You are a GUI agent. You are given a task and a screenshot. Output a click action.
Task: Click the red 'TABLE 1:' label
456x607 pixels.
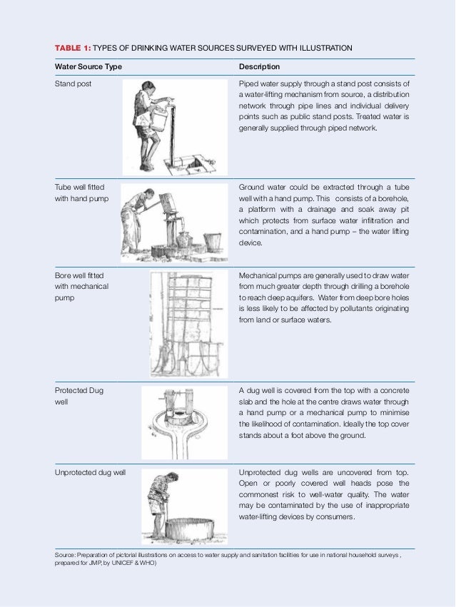pos(73,48)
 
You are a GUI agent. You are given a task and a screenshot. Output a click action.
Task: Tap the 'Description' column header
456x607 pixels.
pos(259,67)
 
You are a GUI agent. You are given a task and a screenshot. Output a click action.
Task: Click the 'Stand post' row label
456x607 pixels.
pos(74,84)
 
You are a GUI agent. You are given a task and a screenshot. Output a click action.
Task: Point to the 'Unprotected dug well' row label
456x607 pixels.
pos(91,473)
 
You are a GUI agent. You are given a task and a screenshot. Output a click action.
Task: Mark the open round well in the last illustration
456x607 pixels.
pos(188,528)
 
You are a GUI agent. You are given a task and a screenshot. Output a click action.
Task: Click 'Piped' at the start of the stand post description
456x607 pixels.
pos(248,84)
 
